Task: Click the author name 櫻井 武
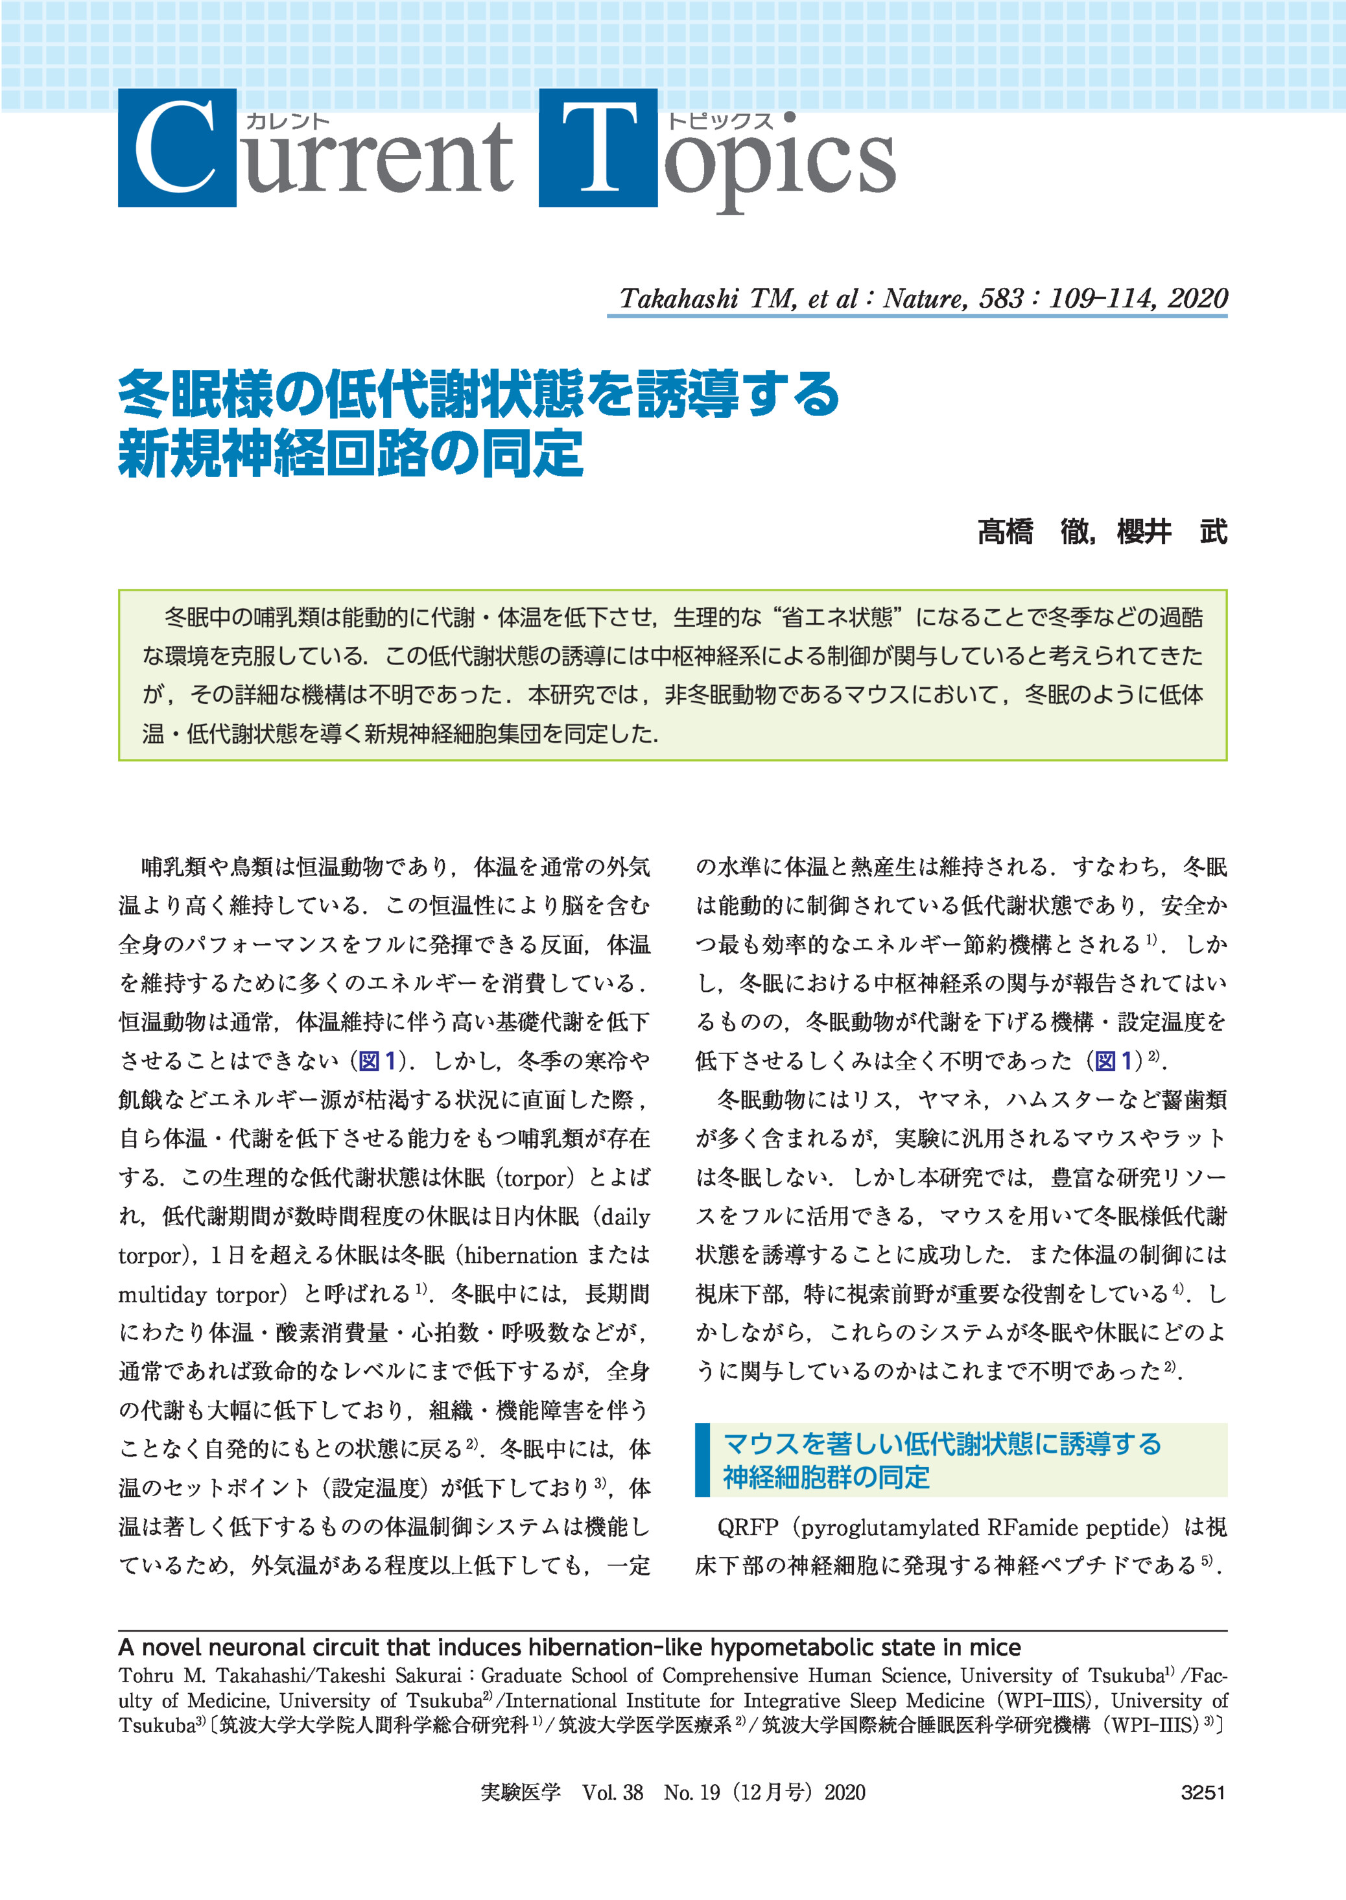click(1171, 531)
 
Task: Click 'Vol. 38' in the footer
click(613, 1792)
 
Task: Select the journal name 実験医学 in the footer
click(521, 1792)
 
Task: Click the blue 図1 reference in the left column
click(375, 1061)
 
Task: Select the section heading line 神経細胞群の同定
click(825, 1477)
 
